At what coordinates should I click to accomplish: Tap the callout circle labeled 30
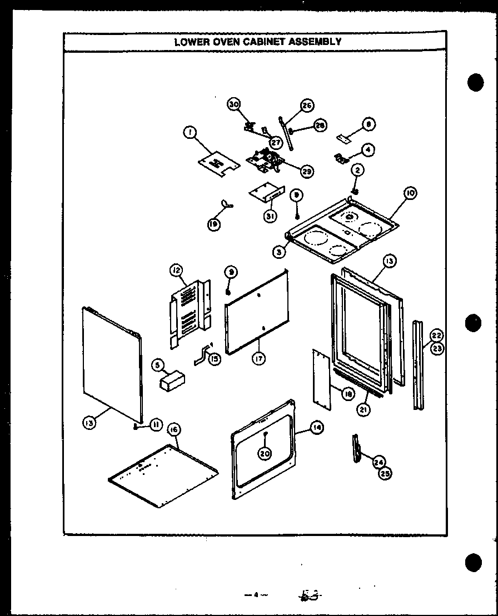234,104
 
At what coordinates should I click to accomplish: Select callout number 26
307,106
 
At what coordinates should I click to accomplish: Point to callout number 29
306,172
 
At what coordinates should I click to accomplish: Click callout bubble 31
270,217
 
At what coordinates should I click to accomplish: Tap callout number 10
410,193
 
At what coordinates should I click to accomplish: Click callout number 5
158,365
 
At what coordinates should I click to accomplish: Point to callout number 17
258,359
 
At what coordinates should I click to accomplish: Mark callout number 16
173,429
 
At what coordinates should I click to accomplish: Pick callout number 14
317,428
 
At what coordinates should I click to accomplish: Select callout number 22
437,335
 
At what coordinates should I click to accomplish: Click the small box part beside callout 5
172,382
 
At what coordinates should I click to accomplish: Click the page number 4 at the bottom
255,595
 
